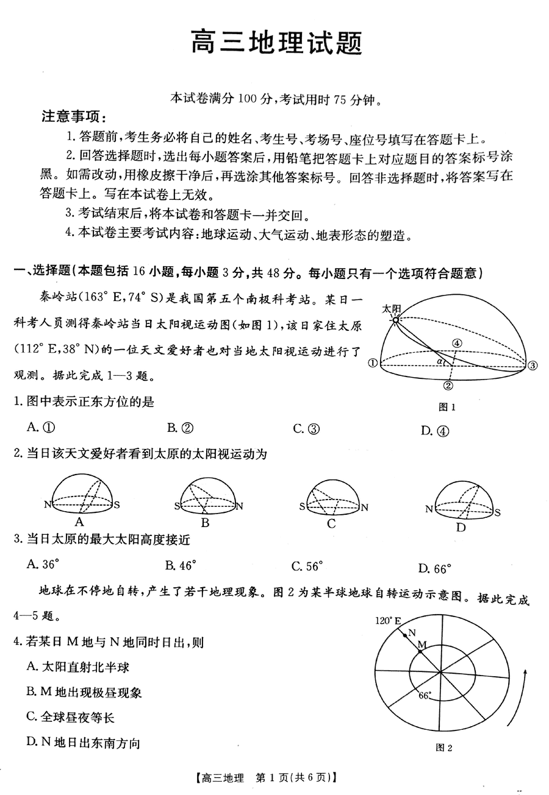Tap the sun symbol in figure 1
tap(395, 319)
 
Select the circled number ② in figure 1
tap(448, 385)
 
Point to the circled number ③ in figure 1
tap(532, 366)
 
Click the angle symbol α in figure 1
tap(440, 361)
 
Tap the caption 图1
tap(447, 407)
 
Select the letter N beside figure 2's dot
tap(411, 632)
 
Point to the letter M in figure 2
tap(421, 645)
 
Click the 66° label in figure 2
tap(425, 695)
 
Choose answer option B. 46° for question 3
tap(181, 565)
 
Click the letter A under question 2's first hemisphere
tap(79, 522)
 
